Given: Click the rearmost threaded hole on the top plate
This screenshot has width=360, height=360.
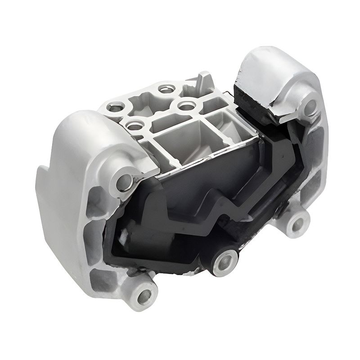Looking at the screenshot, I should point(163,88).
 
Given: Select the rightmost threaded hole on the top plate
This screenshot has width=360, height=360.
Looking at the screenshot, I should point(185,105).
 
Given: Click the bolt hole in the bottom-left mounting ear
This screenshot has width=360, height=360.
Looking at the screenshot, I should point(145,295).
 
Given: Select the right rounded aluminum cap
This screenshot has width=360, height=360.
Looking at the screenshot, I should point(279,76).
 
